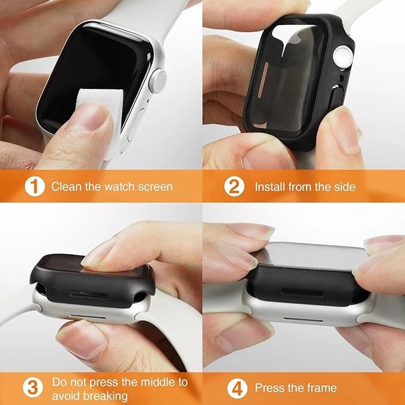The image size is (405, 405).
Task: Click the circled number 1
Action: click(x=35, y=186)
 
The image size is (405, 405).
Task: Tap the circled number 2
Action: click(x=234, y=186)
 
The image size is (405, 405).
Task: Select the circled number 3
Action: click(x=33, y=388)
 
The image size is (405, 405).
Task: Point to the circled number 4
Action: click(x=237, y=388)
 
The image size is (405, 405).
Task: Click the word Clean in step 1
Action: click(x=66, y=187)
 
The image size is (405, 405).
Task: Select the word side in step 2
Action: click(x=344, y=187)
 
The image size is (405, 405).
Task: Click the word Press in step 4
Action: click(x=268, y=388)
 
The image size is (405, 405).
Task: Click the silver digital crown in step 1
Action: click(x=157, y=81)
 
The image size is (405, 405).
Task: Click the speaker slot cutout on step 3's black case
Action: click(x=89, y=295)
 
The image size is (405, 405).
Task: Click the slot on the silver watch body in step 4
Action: click(x=303, y=320)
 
